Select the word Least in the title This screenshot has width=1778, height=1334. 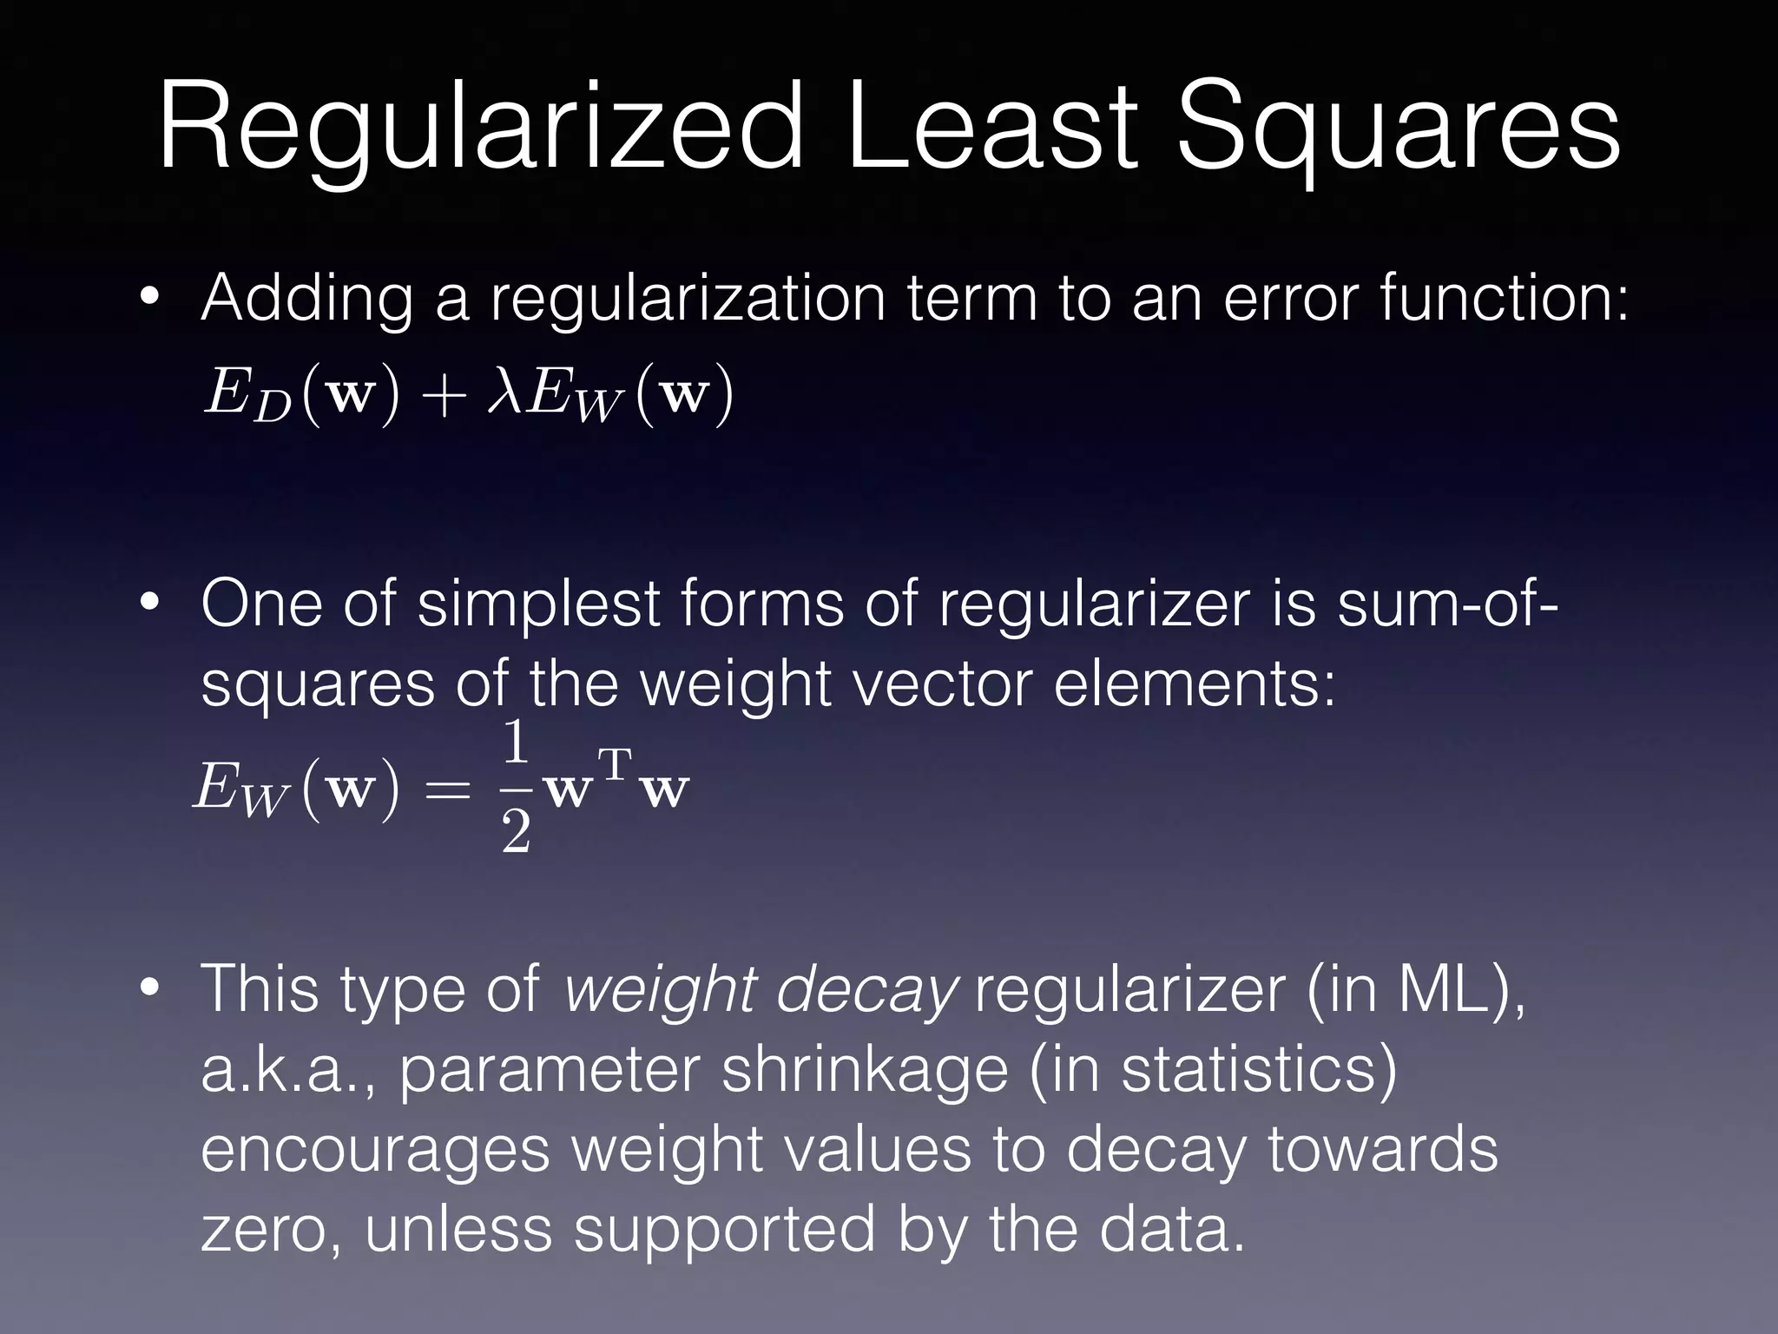990,126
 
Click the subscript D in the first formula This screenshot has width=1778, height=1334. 271,408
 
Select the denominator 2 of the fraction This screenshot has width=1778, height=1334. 516,834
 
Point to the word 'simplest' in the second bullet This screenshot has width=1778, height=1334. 538,604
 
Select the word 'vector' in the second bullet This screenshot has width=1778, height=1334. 941,684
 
